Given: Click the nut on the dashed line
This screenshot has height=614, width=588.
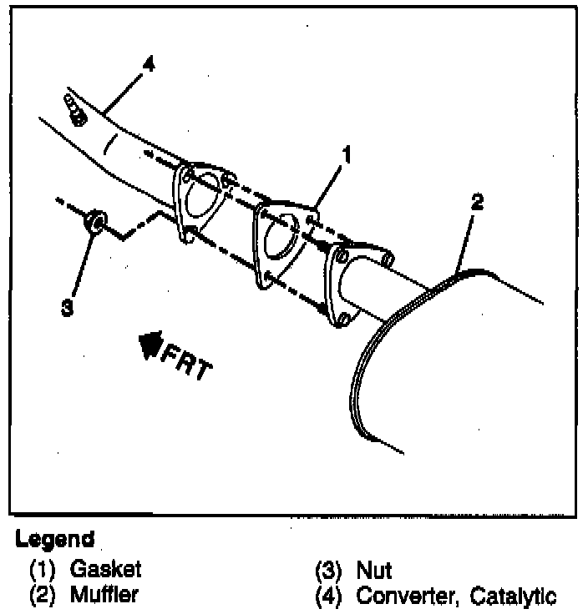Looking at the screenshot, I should coord(96,222).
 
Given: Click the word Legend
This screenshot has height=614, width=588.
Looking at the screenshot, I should coord(54,539).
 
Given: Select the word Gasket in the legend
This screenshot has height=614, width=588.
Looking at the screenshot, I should coord(105,570).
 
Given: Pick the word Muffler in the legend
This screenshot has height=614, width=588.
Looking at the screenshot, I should coord(104,596).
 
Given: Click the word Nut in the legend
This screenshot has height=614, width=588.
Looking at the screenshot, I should coord(374,571).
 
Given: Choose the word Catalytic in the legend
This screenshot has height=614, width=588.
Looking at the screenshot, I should coord(513,596).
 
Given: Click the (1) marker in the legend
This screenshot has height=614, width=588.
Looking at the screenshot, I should coord(41,571).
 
